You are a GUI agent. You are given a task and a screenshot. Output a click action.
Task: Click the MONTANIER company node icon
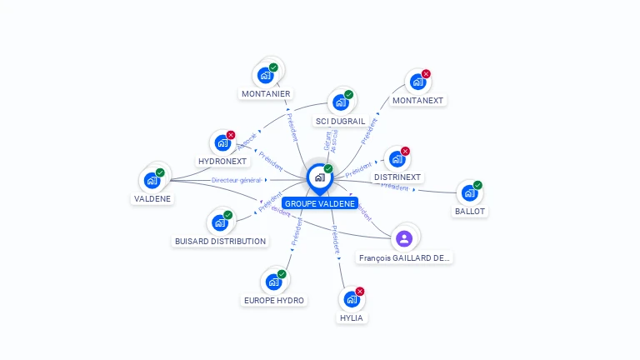coord(266,75)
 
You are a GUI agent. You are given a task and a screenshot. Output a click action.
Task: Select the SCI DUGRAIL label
coord(340,121)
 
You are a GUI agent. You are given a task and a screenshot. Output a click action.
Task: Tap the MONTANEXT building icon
coord(417,83)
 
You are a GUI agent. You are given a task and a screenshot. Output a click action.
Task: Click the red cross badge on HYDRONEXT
coord(231,135)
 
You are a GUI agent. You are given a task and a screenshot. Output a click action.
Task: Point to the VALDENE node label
coord(152,198)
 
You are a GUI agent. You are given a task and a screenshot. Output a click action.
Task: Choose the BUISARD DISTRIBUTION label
coord(220,241)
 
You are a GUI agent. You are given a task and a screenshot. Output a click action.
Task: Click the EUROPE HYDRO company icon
coord(272,282)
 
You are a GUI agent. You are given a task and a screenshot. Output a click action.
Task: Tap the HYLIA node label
coord(352,317)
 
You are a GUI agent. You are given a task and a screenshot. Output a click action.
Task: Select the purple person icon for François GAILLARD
coord(404,239)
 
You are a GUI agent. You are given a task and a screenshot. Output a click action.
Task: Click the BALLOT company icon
coord(469,192)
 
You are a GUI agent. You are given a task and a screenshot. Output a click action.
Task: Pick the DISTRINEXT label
coord(397,177)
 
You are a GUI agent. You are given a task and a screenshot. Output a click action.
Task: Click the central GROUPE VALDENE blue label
coord(320,203)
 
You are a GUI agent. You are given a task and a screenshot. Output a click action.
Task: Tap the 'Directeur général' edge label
coord(237,180)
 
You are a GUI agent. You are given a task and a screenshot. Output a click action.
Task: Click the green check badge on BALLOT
coord(477,185)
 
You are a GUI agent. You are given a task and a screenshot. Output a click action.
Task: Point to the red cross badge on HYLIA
coord(360,292)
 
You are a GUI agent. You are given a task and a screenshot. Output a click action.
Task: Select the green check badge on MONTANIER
coord(273,67)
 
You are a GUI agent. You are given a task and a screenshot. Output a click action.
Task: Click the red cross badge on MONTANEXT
coord(426,74)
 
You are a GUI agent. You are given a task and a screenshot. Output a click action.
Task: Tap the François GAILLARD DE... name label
coord(405,258)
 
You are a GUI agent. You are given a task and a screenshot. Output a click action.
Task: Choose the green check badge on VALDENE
coord(160,172)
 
